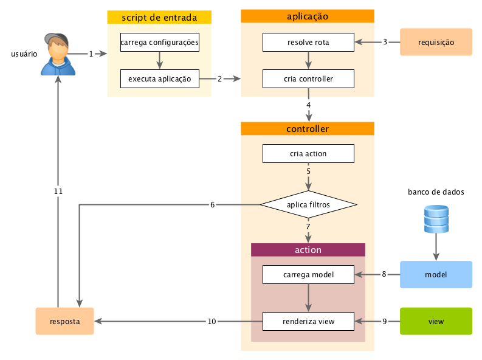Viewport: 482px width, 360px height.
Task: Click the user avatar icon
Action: pos(58,55)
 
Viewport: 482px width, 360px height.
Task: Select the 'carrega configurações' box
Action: pos(160,43)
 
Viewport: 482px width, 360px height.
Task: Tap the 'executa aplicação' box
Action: pos(160,79)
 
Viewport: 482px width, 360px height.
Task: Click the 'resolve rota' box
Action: pos(308,43)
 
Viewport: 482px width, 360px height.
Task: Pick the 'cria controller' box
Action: pos(308,79)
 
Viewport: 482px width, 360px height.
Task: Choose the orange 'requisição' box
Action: pos(436,43)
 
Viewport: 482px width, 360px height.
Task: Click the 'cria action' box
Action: pos(308,154)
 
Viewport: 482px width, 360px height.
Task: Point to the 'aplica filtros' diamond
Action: pos(308,205)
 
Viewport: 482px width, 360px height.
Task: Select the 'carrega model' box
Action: pos(308,275)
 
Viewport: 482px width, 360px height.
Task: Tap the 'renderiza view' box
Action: pos(308,321)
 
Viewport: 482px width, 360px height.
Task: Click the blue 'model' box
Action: pos(436,275)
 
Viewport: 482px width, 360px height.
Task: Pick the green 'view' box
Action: pos(436,321)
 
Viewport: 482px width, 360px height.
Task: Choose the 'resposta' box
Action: pos(64,321)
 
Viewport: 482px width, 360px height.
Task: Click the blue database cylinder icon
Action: pos(436,220)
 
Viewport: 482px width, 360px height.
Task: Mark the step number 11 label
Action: pos(58,192)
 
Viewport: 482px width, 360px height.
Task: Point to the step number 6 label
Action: pos(212,205)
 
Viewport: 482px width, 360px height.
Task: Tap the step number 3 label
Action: pos(385,42)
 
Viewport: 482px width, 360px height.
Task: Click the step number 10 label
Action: pos(212,321)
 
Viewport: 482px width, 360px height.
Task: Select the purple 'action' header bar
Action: pos(308,250)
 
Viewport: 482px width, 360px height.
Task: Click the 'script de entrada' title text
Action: pos(159,18)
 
